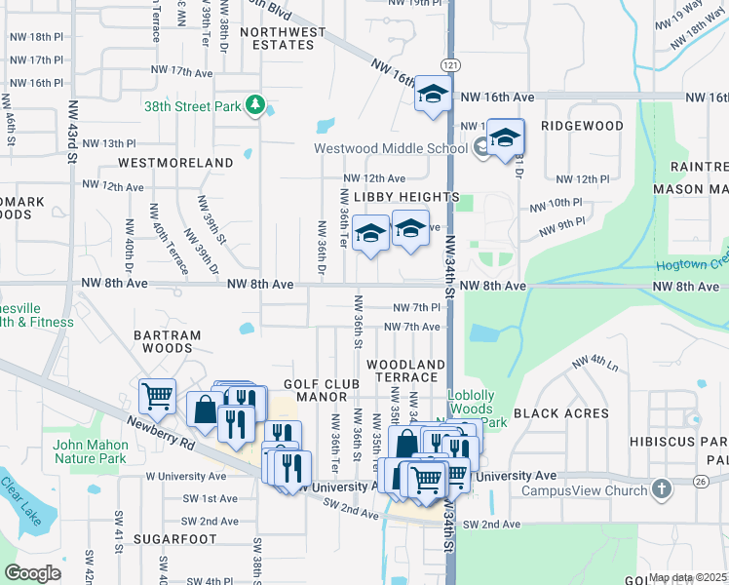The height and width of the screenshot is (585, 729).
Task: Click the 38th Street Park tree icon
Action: [255, 103]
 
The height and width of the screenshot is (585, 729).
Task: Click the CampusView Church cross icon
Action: [661, 487]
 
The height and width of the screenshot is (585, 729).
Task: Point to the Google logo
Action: [32, 572]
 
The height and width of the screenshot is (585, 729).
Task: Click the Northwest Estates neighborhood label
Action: [283, 38]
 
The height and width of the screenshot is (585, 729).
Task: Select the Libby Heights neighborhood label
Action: [405, 197]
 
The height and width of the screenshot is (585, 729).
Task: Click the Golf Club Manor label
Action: [316, 391]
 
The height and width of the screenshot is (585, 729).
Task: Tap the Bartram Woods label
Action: [167, 341]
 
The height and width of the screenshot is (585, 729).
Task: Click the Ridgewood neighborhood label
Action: [582, 127]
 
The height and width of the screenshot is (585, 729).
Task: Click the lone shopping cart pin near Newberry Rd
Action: [157, 396]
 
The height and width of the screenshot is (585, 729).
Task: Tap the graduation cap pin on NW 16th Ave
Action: [433, 95]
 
